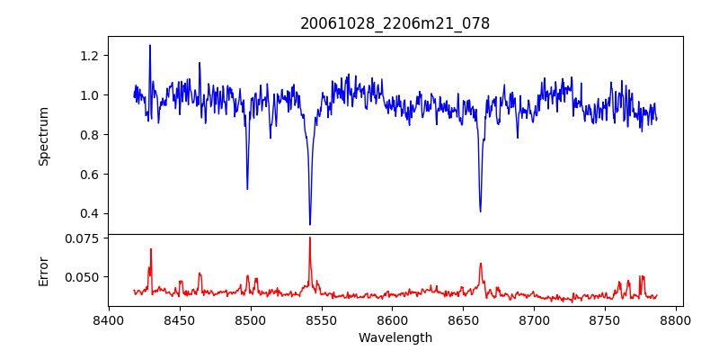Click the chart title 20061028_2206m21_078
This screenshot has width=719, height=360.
point(395,23)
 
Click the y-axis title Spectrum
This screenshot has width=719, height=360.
point(43,135)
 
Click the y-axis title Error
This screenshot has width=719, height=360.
point(43,270)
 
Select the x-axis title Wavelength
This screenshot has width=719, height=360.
point(395,337)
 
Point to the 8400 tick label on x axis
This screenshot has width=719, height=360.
point(109,319)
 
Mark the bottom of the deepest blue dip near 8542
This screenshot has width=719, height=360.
point(310,224)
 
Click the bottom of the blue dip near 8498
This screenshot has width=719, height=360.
point(247,188)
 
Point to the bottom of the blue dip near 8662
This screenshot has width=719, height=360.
point(480,211)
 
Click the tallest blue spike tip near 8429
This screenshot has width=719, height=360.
point(150,45)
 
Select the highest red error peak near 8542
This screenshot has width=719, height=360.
point(310,238)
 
